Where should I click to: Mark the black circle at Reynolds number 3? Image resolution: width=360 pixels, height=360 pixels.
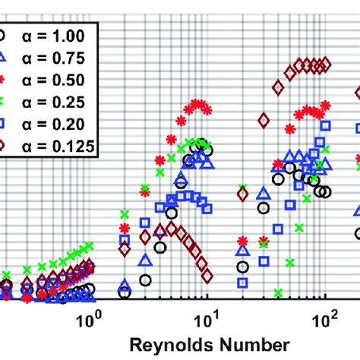tap(159, 248)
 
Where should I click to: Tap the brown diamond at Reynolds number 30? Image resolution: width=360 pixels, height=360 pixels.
tap(264, 120)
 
